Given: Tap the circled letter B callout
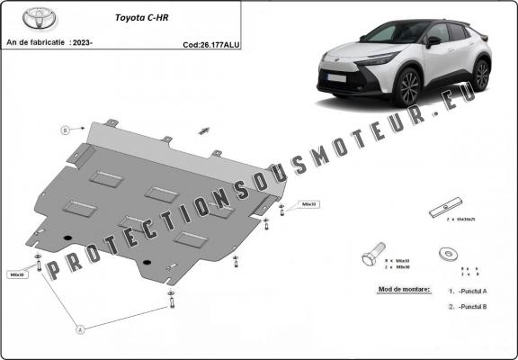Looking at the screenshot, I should pyautogui.click(x=65, y=130).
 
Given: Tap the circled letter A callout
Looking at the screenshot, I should pyautogui.click(x=79, y=329).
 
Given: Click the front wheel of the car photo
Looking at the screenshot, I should pyautogui.click(x=410, y=87).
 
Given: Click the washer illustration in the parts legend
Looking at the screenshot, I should pyautogui.click(x=445, y=255).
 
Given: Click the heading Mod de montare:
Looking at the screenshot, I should pyautogui.click(x=399, y=290).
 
